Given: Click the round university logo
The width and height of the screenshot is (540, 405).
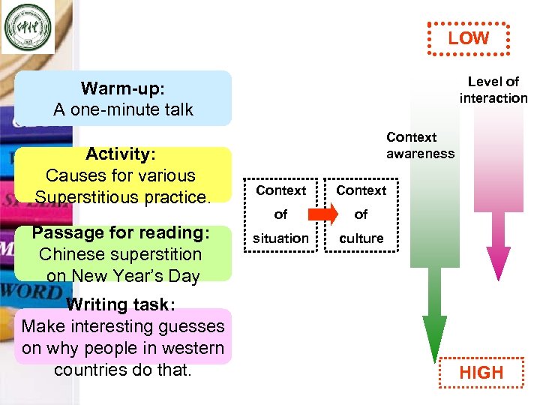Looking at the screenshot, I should pyautogui.click(x=28, y=28).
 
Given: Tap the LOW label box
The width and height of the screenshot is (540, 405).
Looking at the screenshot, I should pyautogui.click(x=468, y=38).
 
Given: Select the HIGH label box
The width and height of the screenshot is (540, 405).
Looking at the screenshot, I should pyautogui.click(x=481, y=372).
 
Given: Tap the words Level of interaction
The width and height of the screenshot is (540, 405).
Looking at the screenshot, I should pyautogui.click(x=493, y=89).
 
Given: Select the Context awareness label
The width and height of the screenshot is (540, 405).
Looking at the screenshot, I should pyautogui.click(x=420, y=145).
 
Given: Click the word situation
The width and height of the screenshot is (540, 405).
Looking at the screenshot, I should pyautogui.click(x=280, y=238).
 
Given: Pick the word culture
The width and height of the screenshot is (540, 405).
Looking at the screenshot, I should pyautogui.click(x=361, y=238).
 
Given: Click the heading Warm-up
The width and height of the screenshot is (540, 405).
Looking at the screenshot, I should pyautogui.click(x=121, y=88).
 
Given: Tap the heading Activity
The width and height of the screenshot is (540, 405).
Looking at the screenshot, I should pyautogui.click(x=120, y=154).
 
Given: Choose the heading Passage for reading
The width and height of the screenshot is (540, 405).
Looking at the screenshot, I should pyautogui.click(x=120, y=232).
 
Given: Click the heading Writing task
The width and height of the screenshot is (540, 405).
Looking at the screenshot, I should pyautogui.click(x=120, y=304).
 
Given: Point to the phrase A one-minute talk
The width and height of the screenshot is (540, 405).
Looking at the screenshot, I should pyautogui.click(x=123, y=109).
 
